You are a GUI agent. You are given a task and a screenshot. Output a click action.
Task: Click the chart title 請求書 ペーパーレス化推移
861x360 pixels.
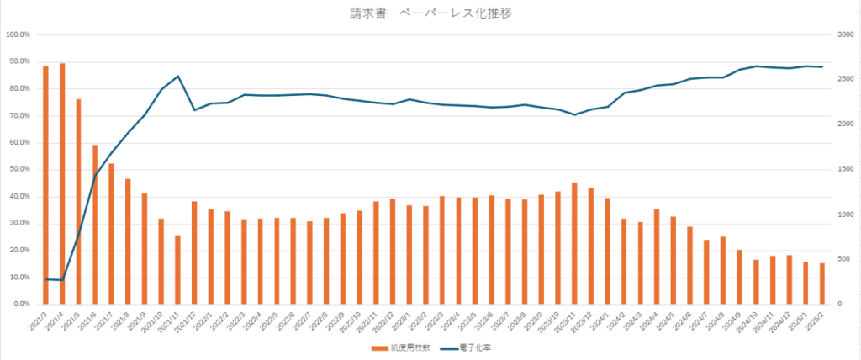430,13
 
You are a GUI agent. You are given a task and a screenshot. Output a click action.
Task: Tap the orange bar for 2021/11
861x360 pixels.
177,269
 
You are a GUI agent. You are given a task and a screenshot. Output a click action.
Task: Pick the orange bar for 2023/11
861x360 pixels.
574,243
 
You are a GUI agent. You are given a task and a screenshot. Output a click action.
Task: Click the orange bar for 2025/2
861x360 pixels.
822,283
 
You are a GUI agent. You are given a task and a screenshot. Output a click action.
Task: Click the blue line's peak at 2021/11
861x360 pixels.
178,77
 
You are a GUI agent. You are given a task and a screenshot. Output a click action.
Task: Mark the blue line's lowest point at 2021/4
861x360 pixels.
62,280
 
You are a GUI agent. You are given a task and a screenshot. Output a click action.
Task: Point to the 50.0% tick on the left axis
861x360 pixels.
18,169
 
